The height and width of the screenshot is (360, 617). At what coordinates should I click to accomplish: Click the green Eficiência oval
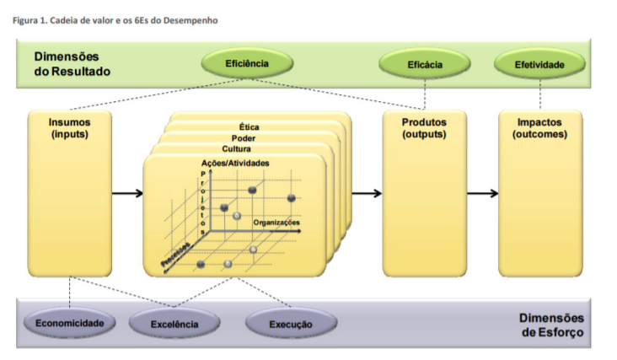tap(247, 63)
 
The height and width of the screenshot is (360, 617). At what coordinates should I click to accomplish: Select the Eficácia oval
tap(425, 65)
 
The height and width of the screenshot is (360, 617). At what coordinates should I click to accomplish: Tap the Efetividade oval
tap(539, 65)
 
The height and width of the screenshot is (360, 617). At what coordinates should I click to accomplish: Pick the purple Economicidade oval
tap(70, 323)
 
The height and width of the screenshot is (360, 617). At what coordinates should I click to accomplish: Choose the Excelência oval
tap(174, 325)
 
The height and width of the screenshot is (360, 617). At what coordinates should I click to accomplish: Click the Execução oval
tap(291, 325)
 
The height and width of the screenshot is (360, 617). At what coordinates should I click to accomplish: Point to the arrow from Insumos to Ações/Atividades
tap(127, 193)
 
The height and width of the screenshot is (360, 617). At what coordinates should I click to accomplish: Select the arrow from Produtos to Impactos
tap(483, 193)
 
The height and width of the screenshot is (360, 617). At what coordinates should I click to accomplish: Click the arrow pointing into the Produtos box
tap(367, 193)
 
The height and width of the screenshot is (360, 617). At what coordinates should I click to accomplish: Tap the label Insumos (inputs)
tap(70, 128)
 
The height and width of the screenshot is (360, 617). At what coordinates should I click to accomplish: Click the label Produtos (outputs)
tap(424, 128)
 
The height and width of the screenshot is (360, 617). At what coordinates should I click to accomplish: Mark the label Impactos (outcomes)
tap(539, 128)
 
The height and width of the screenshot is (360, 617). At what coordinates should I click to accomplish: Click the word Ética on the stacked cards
tap(249, 127)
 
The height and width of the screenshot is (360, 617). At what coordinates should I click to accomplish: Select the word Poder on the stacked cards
tap(244, 138)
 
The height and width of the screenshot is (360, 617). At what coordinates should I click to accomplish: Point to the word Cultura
tap(236, 148)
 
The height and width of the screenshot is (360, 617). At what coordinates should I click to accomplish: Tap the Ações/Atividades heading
tap(235, 163)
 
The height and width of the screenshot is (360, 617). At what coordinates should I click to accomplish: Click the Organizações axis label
tap(276, 223)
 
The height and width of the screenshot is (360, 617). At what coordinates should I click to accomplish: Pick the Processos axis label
tap(176, 255)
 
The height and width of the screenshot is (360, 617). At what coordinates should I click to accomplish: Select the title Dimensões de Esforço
tap(552, 325)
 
